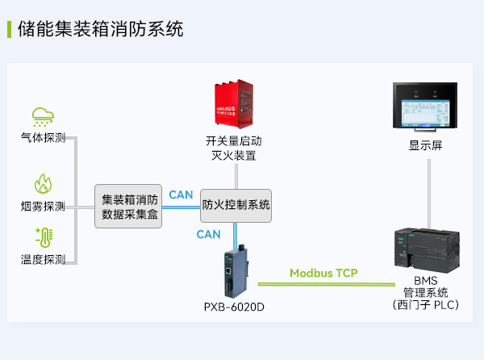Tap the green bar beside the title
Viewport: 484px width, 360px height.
pos(9,30)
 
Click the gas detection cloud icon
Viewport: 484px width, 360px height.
pos(43,116)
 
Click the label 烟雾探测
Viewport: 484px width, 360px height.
pos(43,206)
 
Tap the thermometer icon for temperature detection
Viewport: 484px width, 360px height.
pos(43,237)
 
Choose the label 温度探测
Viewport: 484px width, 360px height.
pos(43,259)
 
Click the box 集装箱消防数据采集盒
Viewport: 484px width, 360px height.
pos(129,207)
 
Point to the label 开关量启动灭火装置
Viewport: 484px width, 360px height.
pos(233,148)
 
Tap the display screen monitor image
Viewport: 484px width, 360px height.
pos(425,107)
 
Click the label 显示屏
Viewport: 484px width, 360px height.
pos(425,145)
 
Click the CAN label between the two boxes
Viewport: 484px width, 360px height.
pos(181,195)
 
